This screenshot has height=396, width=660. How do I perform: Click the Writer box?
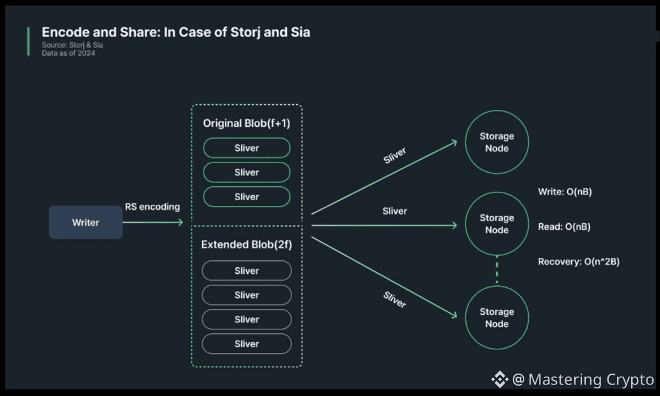(x=86, y=223)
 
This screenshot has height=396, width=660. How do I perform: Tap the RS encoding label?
(x=152, y=207)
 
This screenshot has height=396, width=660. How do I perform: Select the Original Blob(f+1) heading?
(x=246, y=123)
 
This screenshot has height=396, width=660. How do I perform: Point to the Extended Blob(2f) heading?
(x=246, y=244)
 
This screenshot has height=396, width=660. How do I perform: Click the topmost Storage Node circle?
(x=497, y=142)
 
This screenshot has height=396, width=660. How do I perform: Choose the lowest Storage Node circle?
(x=497, y=318)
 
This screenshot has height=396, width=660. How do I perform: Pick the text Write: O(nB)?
(x=565, y=191)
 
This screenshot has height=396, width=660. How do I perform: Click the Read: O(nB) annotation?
(x=564, y=226)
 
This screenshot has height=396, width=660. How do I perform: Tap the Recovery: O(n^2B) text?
(x=578, y=262)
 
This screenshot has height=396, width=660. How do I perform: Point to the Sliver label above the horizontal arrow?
(x=394, y=210)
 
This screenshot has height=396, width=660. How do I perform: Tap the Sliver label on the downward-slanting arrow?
(x=394, y=299)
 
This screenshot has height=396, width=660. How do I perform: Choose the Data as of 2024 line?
(x=68, y=53)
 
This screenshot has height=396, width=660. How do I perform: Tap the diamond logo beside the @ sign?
(x=499, y=379)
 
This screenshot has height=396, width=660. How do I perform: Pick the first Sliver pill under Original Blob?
(x=246, y=148)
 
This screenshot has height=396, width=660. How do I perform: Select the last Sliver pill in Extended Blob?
(x=246, y=344)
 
